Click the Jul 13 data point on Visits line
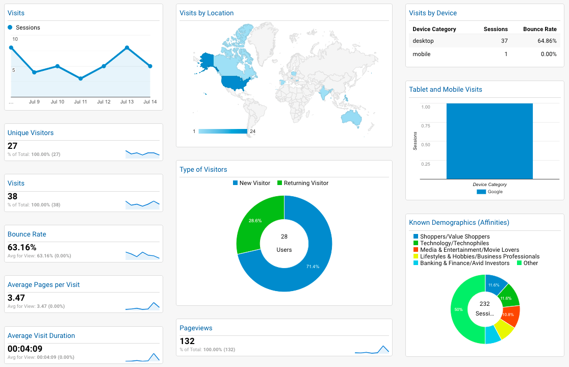coord(127,47)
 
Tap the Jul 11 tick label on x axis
coord(81,102)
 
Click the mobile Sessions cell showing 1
coord(505,54)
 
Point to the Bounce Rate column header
coord(539,29)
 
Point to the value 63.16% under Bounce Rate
coord(22,247)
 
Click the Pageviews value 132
coord(187,341)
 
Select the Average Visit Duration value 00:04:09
coord(25,349)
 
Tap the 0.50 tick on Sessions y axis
coord(425,145)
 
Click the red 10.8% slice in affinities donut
coord(510,316)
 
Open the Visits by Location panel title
coord(206,13)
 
